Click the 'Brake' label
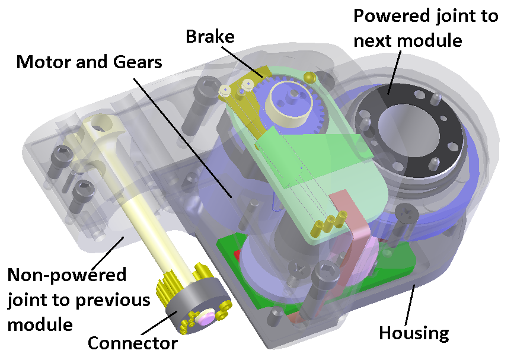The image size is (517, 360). [210, 37]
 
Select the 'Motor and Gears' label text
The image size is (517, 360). [89, 62]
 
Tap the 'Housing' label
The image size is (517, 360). [414, 333]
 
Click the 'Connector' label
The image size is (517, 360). [132, 343]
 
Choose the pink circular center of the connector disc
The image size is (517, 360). [205, 318]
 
